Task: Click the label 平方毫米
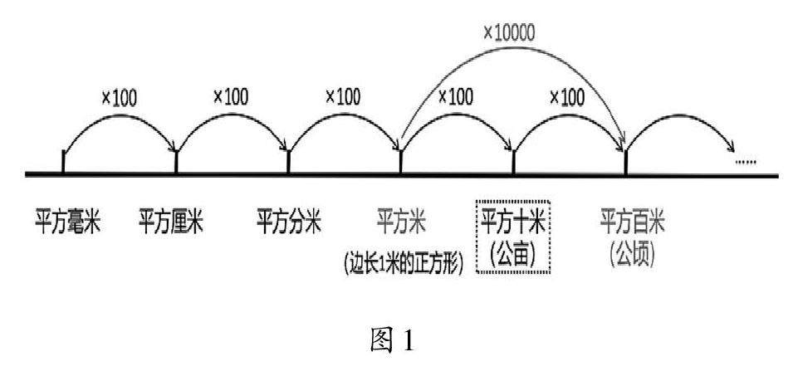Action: click(x=66, y=222)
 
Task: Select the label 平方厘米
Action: click(x=170, y=222)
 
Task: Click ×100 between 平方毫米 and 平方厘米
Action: click(x=120, y=98)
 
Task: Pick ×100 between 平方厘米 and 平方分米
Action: click(x=231, y=96)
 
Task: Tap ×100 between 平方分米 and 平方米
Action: click(x=344, y=96)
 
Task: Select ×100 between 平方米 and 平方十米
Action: click(x=456, y=96)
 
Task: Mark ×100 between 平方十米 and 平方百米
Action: click(x=567, y=97)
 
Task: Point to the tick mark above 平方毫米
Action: click(x=64, y=161)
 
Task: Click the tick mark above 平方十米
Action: click(x=514, y=161)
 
